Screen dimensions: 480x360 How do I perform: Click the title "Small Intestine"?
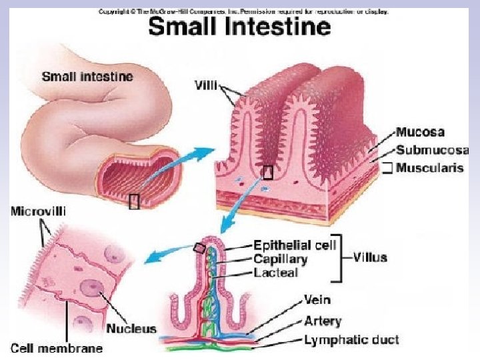click(239, 27)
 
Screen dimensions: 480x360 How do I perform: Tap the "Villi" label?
click(207, 86)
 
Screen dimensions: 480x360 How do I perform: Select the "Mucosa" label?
click(420, 132)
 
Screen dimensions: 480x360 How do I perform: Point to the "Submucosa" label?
click(432, 150)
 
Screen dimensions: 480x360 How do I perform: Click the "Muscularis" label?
click(429, 168)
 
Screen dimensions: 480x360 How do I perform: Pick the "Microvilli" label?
click(39, 211)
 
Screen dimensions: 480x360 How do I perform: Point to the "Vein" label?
click(317, 300)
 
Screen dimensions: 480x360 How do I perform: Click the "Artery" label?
click(322, 321)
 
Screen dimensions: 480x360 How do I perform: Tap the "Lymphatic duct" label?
click(351, 340)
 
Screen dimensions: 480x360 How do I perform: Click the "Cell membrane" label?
click(57, 347)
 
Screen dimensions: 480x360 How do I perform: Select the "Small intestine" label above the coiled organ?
click(87, 76)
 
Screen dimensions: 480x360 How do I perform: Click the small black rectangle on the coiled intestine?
click(134, 201)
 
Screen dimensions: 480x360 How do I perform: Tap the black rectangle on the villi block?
click(268, 173)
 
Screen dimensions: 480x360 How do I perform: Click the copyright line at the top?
click(243, 11)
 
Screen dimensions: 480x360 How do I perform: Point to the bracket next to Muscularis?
click(386, 168)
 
